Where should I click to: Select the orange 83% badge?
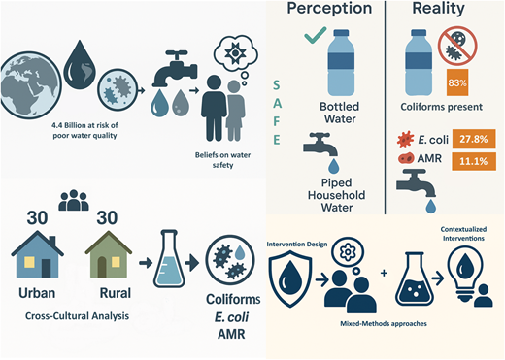(459, 82)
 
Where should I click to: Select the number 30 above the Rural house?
(110, 215)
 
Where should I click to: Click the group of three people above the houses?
(74, 202)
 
